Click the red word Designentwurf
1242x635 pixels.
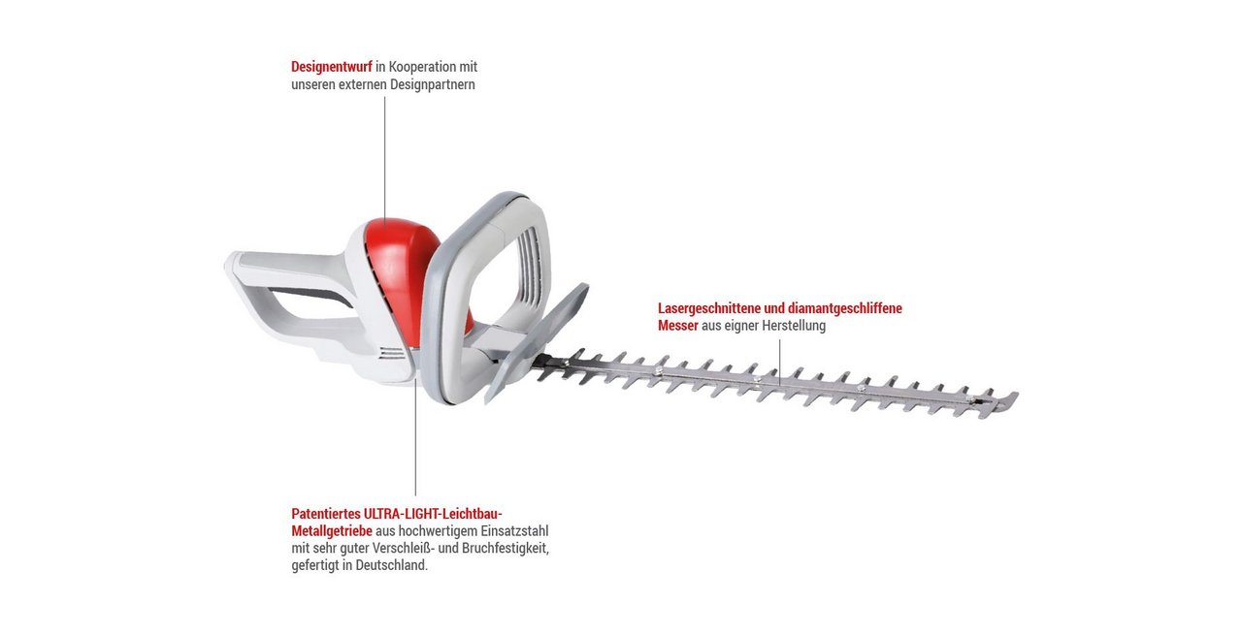[x=332, y=67]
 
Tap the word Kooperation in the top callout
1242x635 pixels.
[x=422, y=67]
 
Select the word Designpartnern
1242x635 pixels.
[x=433, y=84]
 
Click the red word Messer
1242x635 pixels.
[x=678, y=326]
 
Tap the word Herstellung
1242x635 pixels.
[x=794, y=326]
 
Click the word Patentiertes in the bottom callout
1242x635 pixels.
[x=326, y=514]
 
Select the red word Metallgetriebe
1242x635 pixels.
[x=332, y=531]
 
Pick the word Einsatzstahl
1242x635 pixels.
[x=514, y=531]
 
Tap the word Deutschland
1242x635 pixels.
[x=391, y=566]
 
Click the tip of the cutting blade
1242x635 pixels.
[x=1016, y=396]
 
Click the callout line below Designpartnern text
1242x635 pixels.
[x=385, y=158]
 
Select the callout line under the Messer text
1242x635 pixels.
[x=779, y=363]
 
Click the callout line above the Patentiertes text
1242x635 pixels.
[x=415, y=438]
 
